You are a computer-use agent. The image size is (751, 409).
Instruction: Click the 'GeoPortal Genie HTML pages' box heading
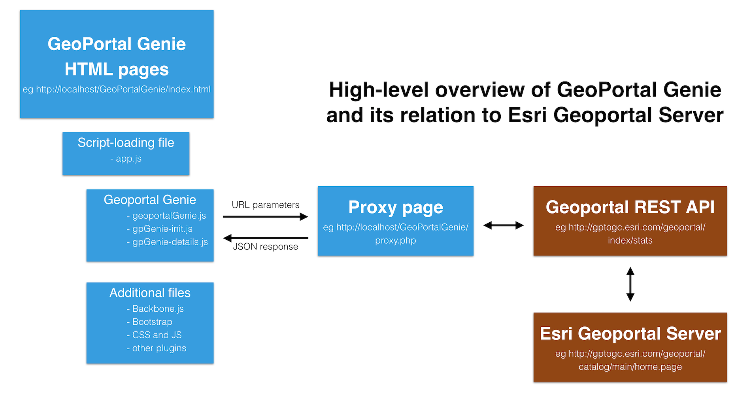coord(117,56)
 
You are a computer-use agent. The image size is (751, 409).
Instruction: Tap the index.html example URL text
coord(117,89)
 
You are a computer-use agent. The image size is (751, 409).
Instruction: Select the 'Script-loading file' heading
coord(126,142)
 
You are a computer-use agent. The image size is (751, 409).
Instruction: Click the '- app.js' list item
coord(126,159)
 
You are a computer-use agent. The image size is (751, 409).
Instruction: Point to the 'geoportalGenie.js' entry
coord(166,216)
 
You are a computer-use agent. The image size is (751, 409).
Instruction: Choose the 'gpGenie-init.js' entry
coord(160,229)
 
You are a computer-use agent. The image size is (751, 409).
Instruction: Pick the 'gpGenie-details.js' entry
coord(167,242)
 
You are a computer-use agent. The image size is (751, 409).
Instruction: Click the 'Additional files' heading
coord(150,293)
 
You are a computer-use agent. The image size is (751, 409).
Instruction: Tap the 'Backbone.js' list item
coord(155,309)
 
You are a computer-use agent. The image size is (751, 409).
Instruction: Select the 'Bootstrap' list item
coord(149,322)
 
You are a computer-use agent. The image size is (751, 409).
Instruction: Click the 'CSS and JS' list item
coord(154,335)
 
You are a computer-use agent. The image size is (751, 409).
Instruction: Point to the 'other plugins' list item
coord(157,348)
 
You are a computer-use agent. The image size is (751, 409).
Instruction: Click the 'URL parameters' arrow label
coord(266,205)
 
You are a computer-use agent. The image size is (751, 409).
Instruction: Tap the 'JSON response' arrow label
coord(266,246)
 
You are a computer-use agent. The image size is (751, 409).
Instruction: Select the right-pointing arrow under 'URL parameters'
coord(266,217)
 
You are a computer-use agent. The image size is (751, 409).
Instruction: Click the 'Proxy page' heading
coord(396,207)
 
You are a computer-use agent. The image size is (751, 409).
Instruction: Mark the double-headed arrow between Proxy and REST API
coord(504,225)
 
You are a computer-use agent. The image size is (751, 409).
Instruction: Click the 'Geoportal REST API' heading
coord(630,207)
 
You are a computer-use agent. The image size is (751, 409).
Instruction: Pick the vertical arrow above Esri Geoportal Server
coord(630,284)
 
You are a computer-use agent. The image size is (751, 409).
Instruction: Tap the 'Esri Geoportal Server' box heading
coord(630,333)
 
